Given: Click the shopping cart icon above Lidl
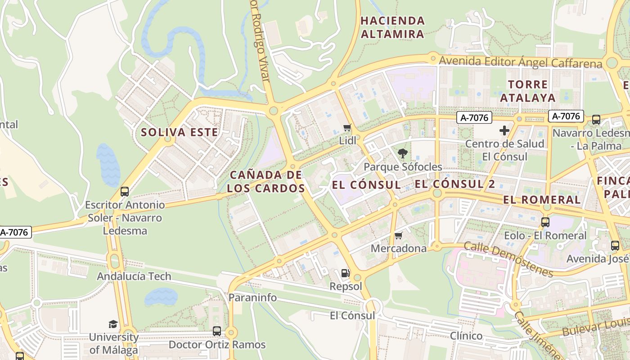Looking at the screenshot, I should point(347,128).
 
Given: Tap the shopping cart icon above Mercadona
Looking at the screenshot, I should point(398,236).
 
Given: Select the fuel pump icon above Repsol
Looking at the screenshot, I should point(345,273).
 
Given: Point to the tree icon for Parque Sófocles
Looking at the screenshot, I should point(403,153).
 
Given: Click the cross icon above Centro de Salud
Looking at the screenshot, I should point(504,130).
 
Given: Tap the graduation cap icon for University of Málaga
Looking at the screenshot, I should point(113,324).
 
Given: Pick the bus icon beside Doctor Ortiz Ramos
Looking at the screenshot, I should point(217,331).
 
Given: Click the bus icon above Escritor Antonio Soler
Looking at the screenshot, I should point(125,192).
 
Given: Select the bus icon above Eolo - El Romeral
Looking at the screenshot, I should point(545,222).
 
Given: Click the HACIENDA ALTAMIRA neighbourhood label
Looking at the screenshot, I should point(392,27).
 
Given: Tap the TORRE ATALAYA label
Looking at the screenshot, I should point(528,91).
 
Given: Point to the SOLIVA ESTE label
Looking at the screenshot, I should point(180,132).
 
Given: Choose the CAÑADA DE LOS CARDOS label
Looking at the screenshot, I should point(265,181).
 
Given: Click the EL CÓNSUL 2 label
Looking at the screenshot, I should point(454,184).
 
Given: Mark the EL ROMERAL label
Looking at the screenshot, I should point(542,200).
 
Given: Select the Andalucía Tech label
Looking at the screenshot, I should point(134,276).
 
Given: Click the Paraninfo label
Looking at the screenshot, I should point(252,297).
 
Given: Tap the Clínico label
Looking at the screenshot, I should point(466,336).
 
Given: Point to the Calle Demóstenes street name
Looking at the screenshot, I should point(508,259).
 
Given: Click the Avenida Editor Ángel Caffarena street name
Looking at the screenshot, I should point(520,62).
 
